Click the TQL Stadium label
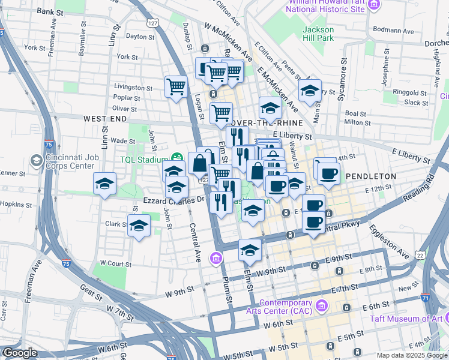[x=142, y=160]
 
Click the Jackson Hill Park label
[x=318, y=34]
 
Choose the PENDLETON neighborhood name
[x=370, y=176]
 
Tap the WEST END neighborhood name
[x=105, y=119]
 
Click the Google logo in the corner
[x=20, y=353]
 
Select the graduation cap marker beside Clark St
[x=139, y=226]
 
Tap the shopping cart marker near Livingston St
[x=176, y=86]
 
